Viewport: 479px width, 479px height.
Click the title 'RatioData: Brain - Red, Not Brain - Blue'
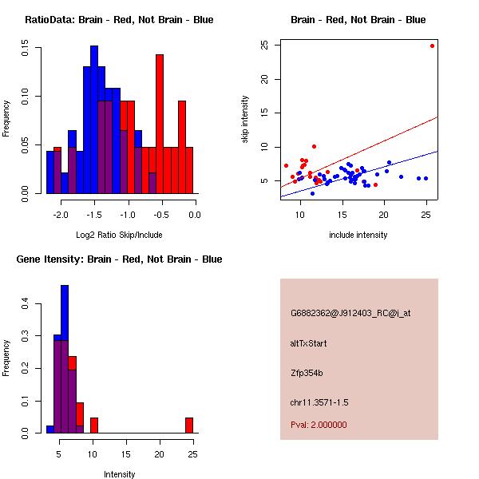click(119, 19)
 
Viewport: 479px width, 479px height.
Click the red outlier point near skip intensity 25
click(432, 46)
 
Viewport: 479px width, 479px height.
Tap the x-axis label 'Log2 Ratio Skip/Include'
click(119, 235)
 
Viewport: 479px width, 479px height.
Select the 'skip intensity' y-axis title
click(245, 120)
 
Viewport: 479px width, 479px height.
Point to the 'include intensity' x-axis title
click(358, 235)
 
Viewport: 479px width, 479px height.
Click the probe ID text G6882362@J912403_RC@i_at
click(350, 313)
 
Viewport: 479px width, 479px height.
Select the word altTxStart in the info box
click(309, 343)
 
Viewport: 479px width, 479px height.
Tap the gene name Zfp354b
click(307, 372)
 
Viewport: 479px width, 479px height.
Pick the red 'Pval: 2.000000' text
click(319, 425)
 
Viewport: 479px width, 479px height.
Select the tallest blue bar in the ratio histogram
click(94, 120)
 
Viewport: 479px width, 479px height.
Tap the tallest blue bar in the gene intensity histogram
click(65, 359)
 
